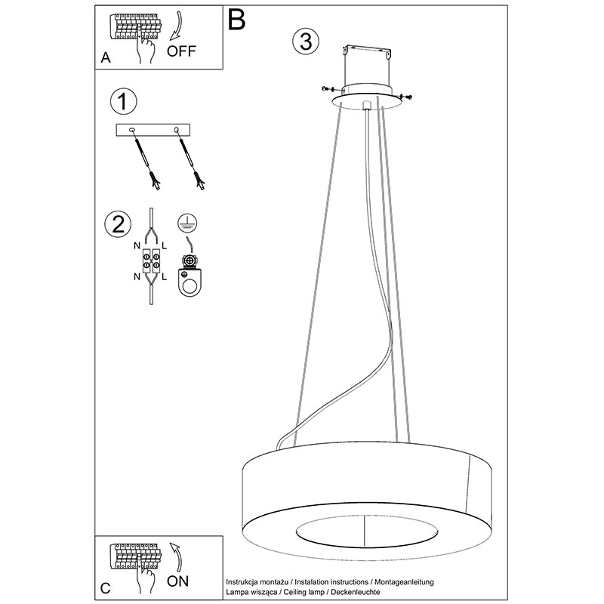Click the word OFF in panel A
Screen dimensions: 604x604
(x=181, y=51)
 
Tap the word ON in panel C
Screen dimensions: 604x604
(x=178, y=581)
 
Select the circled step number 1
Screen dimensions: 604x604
(x=123, y=102)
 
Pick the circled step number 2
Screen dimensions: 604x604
(x=118, y=223)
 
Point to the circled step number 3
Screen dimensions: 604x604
(x=306, y=42)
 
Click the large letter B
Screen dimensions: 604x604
(x=236, y=20)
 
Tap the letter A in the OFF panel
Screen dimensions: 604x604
(x=106, y=58)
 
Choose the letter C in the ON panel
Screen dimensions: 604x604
(x=105, y=588)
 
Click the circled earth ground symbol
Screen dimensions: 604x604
(x=187, y=223)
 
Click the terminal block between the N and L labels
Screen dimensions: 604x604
(x=151, y=261)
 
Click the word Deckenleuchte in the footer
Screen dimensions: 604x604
(x=355, y=592)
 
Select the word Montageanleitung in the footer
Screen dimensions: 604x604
(x=404, y=582)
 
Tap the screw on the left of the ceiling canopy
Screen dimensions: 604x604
(x=328, y=89)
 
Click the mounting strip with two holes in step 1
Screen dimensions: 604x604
(x=153, y=130)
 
